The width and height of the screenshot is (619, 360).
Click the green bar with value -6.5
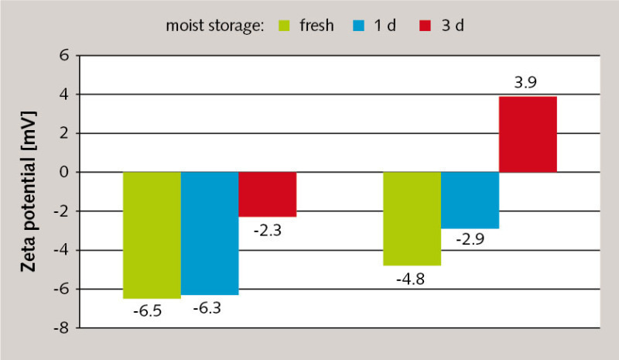tap(152, 235)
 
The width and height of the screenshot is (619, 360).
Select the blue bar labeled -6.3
tap(209, 233)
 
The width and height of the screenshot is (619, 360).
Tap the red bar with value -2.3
tap(267, 194)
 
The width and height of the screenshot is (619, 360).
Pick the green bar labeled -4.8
tap(412, 218)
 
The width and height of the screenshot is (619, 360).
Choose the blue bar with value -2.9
tap(470, 200)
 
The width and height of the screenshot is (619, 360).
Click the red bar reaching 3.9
tap(528, 134)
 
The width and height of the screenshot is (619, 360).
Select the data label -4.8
tap(412, 279)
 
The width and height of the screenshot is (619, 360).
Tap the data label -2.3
tap(267, 230)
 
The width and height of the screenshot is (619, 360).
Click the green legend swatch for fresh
tap(282, 25)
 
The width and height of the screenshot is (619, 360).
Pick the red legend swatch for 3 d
tap(420, 25)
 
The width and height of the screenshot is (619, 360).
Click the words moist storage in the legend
tap(215, 25)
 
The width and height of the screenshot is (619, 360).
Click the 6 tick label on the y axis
tap(65, 56)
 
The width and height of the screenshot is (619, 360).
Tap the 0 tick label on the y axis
tap(65, 172)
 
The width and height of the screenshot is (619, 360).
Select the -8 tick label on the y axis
tap(62, 328)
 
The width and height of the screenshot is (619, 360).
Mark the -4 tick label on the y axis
tap(62, 250)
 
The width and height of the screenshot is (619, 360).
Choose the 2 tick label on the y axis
tap(65, 133)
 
